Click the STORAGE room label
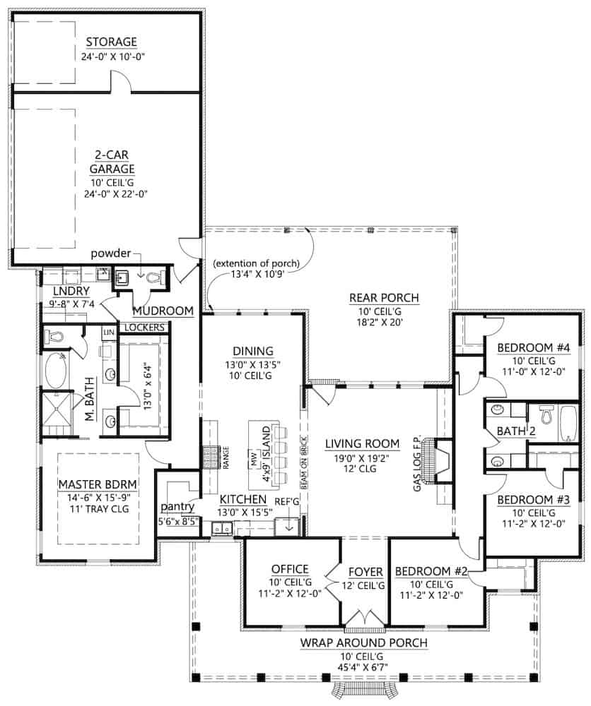[x=112, y=42]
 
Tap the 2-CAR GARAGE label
[x=112, y=162]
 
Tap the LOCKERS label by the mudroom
[x=144, y=328]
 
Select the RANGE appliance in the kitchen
[x=211, y=457]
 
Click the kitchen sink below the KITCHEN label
[x=221, y=528]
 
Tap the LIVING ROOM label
[x=363, y=443]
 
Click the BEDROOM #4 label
[x=533, y=347]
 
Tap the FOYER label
[x=365, y=572]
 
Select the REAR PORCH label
[x=384, y=298]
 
